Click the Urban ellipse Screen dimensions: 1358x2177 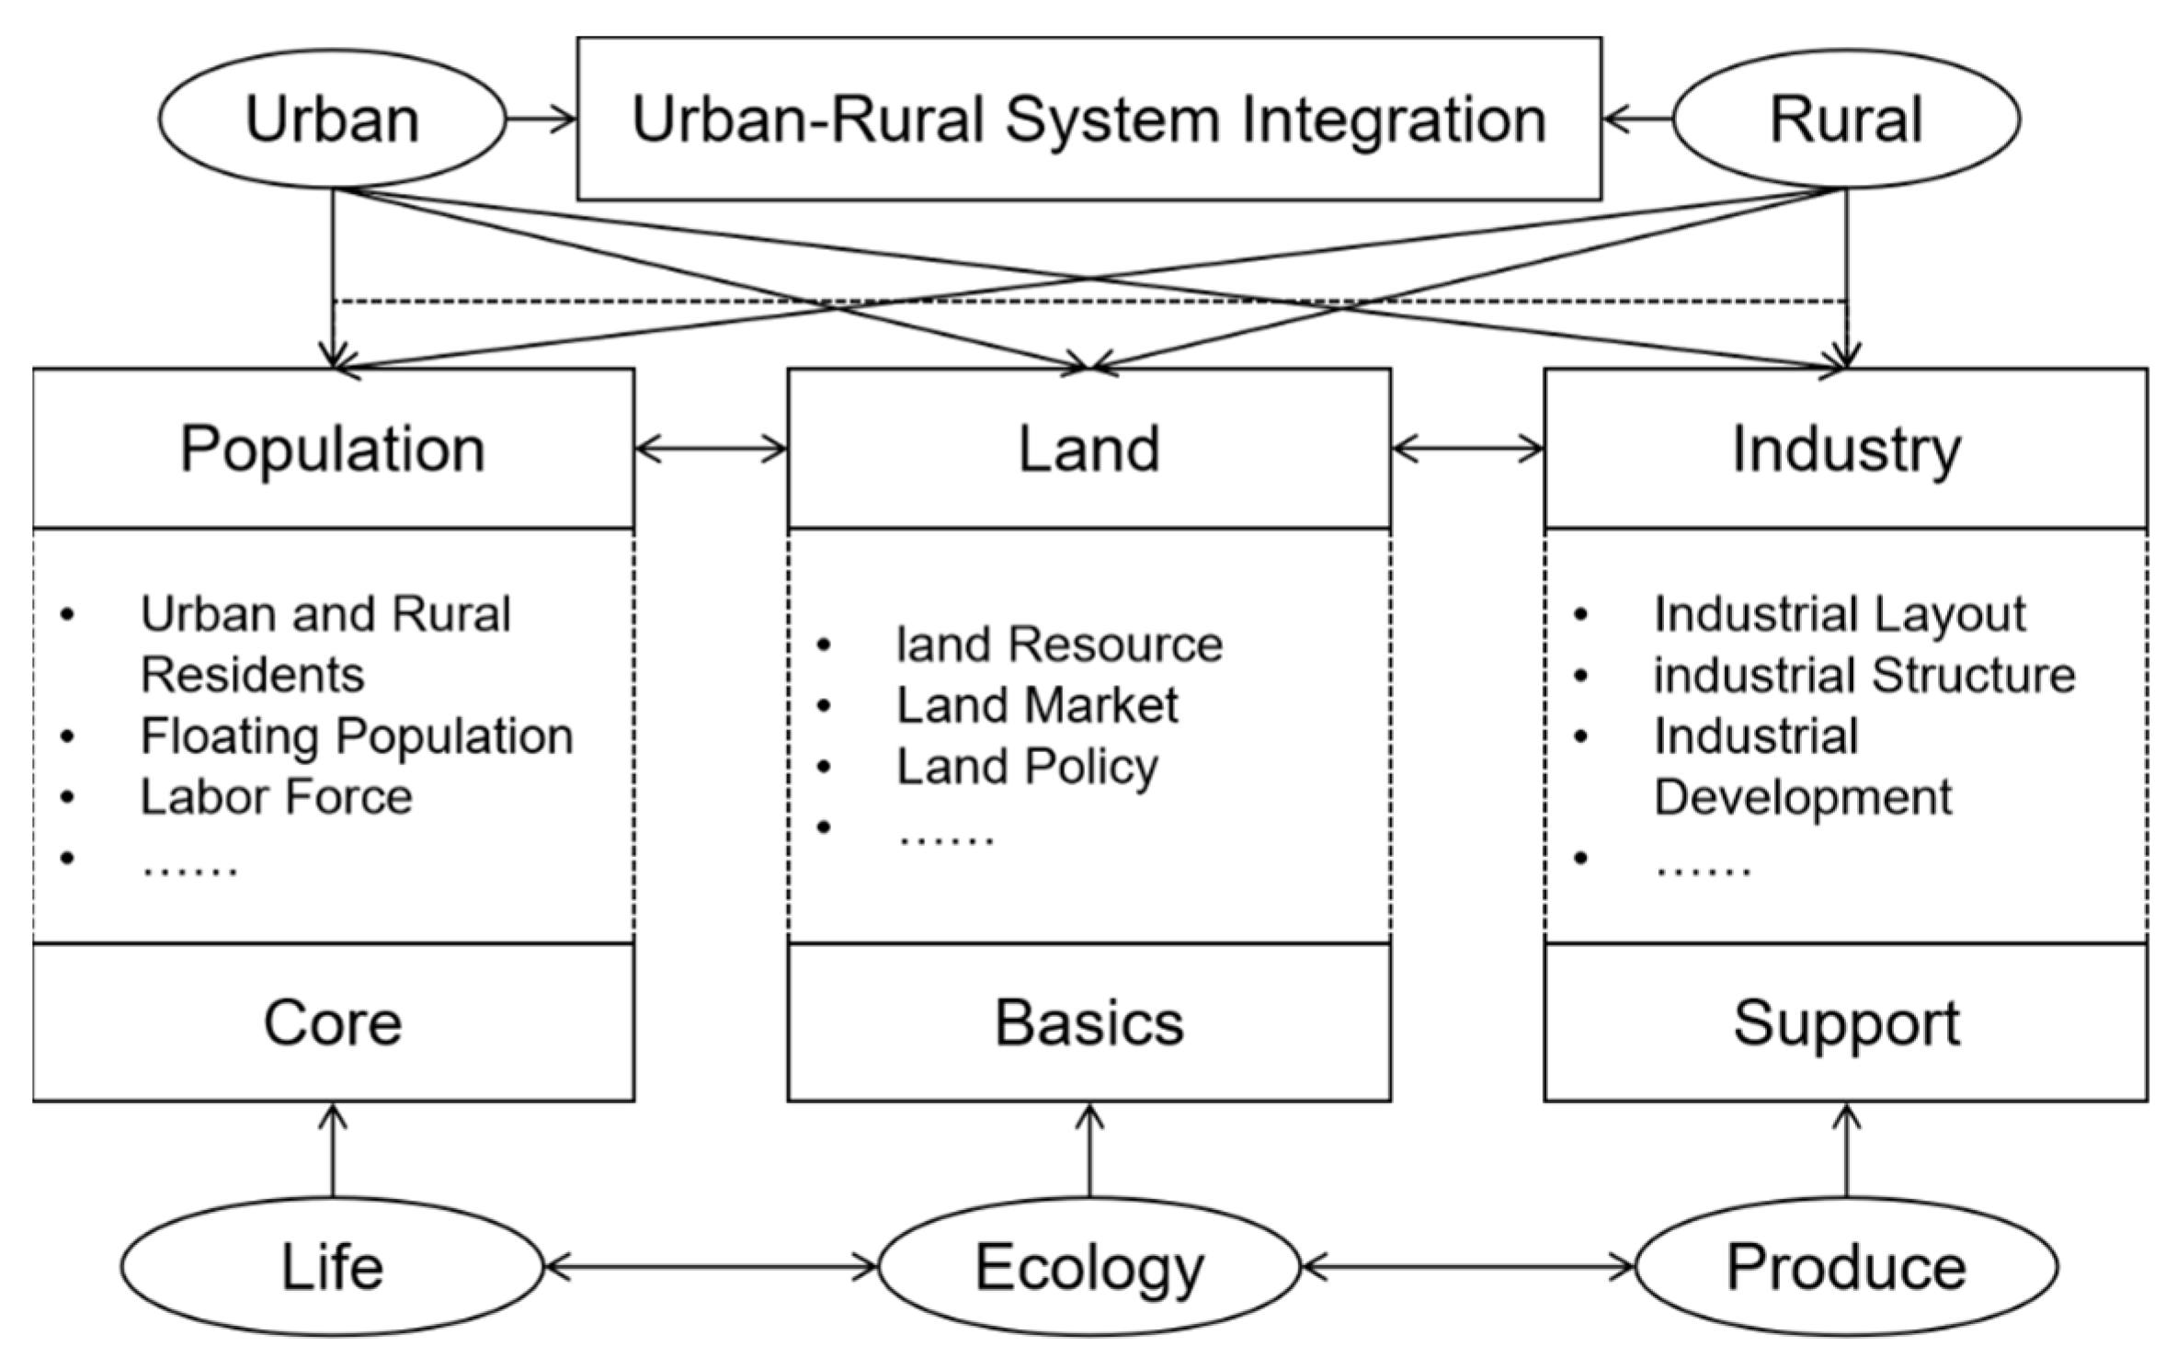point(332,119)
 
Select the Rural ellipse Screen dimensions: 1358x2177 point(1845,119)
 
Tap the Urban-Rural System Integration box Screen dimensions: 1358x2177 point(1088,119)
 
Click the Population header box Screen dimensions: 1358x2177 point(333,449)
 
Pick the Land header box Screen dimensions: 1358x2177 point(1088,449)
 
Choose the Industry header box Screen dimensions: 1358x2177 point(1845,449)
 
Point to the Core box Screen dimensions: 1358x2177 point(333,1022)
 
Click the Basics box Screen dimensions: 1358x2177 point(1088,1022)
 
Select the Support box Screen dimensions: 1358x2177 point(1845,1022)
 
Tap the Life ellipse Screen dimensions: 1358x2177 point(332,1266)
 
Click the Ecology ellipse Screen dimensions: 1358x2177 point(1088,1266)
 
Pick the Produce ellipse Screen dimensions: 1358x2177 point(1845,1266)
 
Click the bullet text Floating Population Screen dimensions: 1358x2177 point(357,736)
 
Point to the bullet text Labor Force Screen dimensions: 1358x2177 point(276,796)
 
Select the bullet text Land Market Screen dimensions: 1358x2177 point(1037,705)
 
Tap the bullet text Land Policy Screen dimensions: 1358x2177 point(1027,766)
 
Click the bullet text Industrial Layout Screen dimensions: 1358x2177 point(1840,613)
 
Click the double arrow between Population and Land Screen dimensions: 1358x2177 point(711,449)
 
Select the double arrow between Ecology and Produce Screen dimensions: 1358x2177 point(1468,1267)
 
